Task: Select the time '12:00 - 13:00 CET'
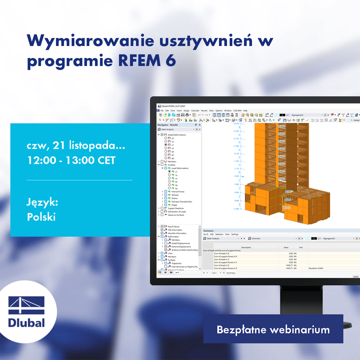71,160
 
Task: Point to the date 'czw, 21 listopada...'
76,145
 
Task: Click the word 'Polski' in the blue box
41,217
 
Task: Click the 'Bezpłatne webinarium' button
273,329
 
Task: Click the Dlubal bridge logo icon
27,306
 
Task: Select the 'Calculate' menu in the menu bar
195,111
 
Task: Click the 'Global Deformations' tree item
176,135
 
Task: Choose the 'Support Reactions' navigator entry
177,208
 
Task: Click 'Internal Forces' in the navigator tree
178,192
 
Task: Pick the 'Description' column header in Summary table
246,247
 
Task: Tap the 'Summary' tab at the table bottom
231,273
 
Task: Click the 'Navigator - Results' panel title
168,125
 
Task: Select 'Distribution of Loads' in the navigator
177,212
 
